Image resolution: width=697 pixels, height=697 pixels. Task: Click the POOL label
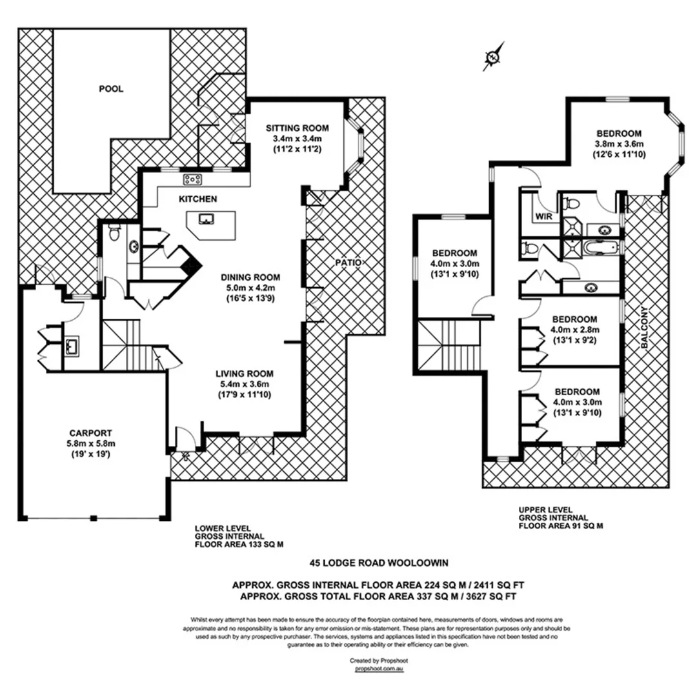click(111, 89)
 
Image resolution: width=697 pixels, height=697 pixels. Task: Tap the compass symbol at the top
click(493, 57)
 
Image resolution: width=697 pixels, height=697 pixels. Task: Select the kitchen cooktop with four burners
click(193, 179)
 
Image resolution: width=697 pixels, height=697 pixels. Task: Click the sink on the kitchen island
click(208, 219)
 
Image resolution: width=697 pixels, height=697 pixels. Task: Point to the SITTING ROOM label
click(298, 128)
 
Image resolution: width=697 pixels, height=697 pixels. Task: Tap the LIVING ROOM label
click(245, 373)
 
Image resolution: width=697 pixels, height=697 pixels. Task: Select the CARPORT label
click(91, 433)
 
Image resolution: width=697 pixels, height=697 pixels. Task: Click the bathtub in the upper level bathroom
click(601, 248)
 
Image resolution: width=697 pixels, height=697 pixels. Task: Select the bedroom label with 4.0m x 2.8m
click(574, 330)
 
